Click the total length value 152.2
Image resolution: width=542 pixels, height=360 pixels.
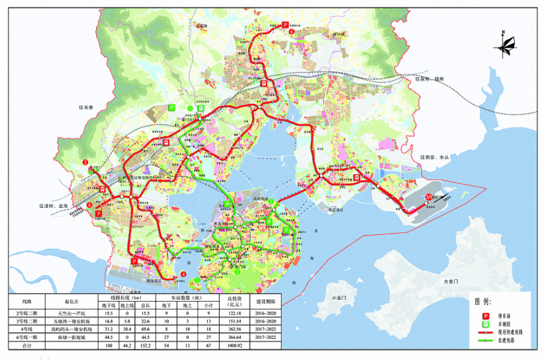click(148, 345)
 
